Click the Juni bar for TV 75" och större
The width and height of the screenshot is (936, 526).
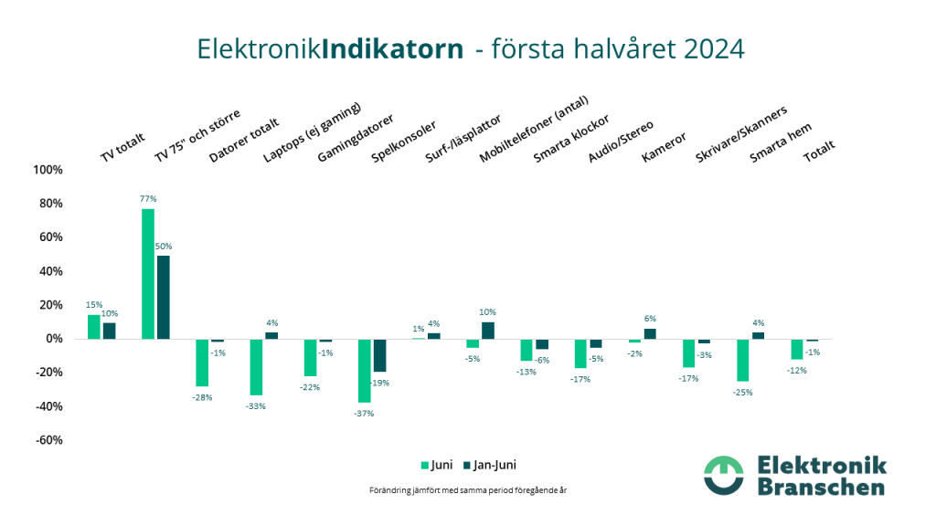click(x=148, y=274)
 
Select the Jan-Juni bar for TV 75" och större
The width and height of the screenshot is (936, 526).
click(x=164, y=297)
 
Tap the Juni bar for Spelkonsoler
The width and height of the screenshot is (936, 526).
click(x=365, y=370)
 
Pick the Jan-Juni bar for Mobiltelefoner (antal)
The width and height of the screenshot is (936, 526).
click(x=488, y=331)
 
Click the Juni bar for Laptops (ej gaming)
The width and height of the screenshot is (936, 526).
click(x=256, y=366)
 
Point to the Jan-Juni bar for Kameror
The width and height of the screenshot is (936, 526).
click(x=650, y=333)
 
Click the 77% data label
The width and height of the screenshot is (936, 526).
click(x=148, y=199)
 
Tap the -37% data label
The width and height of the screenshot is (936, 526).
click(x=364, y=413)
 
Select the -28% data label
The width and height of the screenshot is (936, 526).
click(x=202, y=397)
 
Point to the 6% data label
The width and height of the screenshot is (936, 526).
click(x=650, y=319)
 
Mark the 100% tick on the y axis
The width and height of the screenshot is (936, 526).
click(x=48, y=171)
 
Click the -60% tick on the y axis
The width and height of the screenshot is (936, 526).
click(x=48, y=440)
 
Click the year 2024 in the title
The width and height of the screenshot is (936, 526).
click(x=707, y=48)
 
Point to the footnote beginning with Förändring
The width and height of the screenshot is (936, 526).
click(x=468, y=490)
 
